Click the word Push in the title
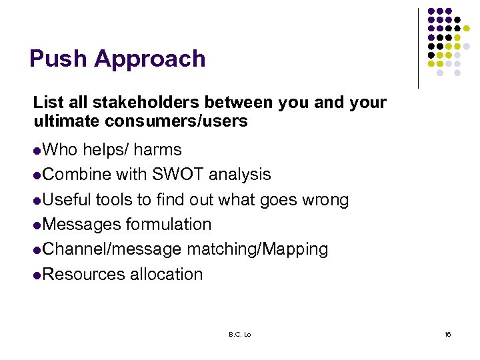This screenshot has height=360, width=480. point(58,59)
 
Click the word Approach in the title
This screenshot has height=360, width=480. point(149,60)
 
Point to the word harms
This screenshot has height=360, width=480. point(157,149)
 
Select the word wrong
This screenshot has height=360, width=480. point(324,200)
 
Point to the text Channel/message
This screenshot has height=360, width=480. point(111,249)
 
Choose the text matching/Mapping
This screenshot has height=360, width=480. point(257,250)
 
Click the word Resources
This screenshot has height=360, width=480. point(83,274)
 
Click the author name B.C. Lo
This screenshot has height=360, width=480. point(238,334)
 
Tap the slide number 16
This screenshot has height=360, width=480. point(447,334)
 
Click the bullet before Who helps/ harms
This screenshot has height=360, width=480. point(37,151)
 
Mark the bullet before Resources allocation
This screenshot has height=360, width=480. point(37,275)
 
